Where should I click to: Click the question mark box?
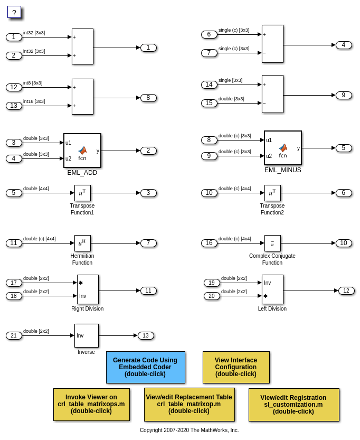click(x=14, y=12)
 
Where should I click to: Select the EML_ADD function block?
click(x=82, y=151)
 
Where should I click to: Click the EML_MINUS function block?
click(x=283, y=148)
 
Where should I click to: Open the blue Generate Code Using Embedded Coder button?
click(x=145, y=367)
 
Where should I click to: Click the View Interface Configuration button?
click(x=236, y=367)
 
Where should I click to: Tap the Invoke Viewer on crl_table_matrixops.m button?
click(x=91, y=405)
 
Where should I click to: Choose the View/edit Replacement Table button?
click(x=189, y=405)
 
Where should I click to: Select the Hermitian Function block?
click(x=82, y=243)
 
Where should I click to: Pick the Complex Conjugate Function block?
click(x=272, y=243)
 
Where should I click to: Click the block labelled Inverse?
click(x=86, y=335)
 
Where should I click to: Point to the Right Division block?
click(x=88, y=289)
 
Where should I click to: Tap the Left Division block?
click(x=272, y=289)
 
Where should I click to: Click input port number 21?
click(x=14, y=335)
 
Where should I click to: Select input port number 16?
click(x=209, y=243)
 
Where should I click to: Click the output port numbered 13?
click(x=146, y=335)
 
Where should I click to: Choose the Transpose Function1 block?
click(x=82, y=193)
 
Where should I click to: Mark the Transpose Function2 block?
click(x=272, y=193)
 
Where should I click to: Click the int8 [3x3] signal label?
click(x=33, y=83)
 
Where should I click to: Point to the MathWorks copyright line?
click(x=189, y=430)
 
